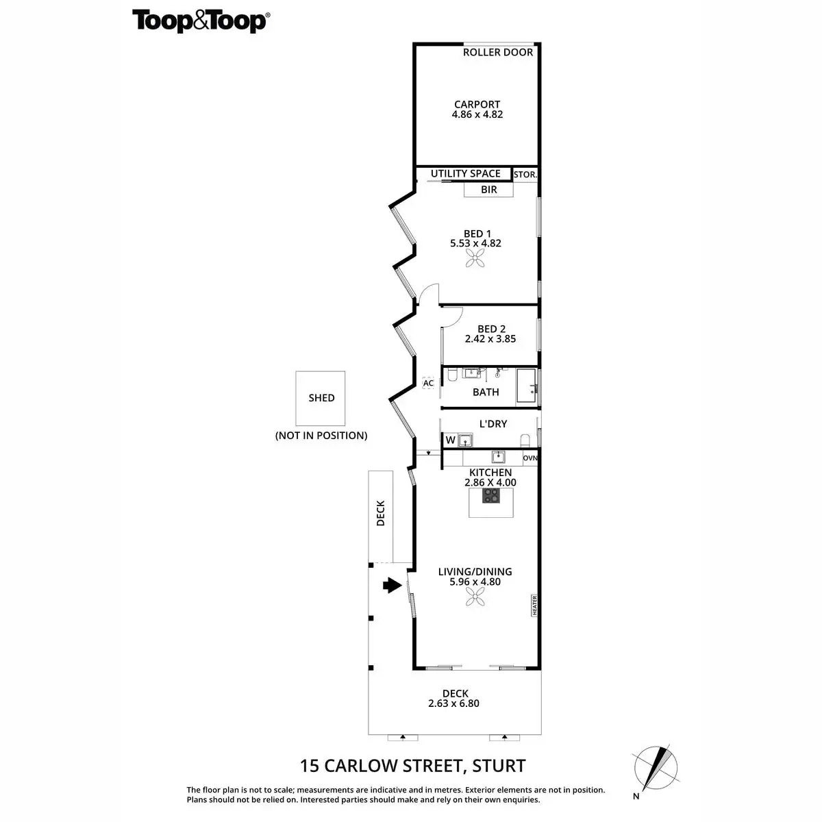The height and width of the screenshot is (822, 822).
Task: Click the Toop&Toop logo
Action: click(x=200, y=21)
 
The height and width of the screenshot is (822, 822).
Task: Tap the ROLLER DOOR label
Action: click(x=498, y=52)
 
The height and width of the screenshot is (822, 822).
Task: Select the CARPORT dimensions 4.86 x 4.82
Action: click(x=477, y=115)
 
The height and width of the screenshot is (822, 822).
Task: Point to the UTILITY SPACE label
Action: click(x=466, y=173)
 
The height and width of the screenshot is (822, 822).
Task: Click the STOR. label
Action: click(x=525, y=175)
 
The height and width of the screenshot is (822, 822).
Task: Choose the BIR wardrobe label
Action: click(x=488, y=190)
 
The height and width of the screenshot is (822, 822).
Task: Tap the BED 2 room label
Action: click(x=491, y=329)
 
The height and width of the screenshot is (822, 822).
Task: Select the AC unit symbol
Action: click(x=429, y=383)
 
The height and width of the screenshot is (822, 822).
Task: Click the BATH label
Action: click(x=486, y=393)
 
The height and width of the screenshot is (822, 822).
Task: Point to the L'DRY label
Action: click(x=493, y=424)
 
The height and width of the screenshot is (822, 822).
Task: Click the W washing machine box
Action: click(x=450, y=440)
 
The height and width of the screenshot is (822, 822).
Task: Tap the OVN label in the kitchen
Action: click(x=530, y=458)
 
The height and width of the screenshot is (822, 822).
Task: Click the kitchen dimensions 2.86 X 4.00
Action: click(x=490, y=482)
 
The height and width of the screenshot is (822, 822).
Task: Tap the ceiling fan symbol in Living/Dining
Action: click(x=475, y=598)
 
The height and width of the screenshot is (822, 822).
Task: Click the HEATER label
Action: click(x=534, y=606)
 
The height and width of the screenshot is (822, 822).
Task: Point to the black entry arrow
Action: click(x=392, y=585)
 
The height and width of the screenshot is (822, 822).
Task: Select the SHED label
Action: click(x=321, y=398)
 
